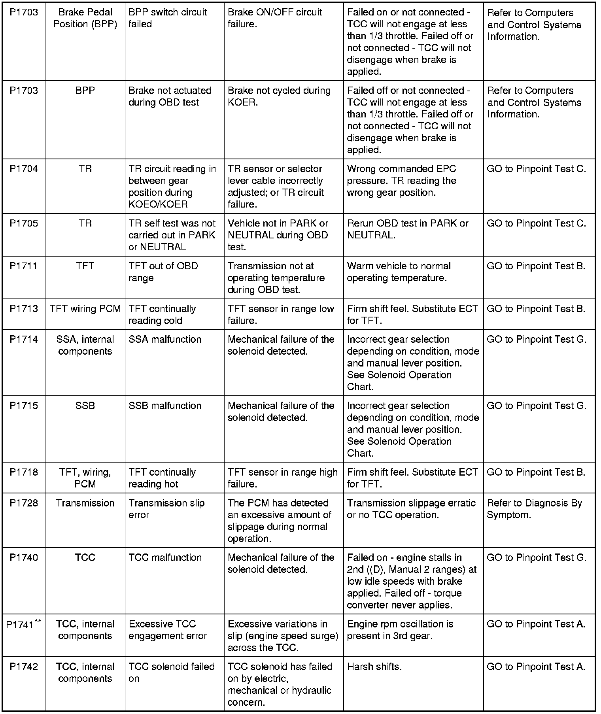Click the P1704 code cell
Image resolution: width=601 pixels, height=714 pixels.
click(24, 169)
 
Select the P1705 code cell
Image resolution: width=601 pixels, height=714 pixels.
click(24, 224)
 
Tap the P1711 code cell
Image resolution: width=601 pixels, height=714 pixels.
click(24, 266)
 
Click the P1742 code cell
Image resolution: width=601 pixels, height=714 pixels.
click(24, 667)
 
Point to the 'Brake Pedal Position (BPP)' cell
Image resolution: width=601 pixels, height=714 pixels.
click(85, 18)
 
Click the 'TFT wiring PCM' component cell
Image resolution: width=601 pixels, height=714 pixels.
click(85, 309)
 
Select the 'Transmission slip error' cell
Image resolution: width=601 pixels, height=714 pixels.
click(166, 509)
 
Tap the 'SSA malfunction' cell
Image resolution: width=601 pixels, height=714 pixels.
click(165, 340)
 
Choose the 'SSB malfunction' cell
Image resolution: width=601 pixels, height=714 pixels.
click(165, 406)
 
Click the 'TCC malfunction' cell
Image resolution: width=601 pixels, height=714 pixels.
click(165, 558)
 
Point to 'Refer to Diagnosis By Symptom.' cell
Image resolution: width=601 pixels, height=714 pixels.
click(534, 509)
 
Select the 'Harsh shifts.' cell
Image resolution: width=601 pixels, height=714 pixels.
click(374, 667)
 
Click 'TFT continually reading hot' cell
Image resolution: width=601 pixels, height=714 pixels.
click(162, 478)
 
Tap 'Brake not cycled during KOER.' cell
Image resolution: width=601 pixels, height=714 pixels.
click(279, 96)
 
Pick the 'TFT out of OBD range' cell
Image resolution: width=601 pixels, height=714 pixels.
click(163, 272)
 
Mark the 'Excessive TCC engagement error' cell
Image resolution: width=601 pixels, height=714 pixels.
click(168, 630)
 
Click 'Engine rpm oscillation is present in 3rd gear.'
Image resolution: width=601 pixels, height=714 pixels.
click(400, 630)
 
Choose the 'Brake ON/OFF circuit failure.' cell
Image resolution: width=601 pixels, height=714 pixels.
click(275, 18)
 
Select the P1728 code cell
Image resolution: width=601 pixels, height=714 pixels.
click(24, 503)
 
